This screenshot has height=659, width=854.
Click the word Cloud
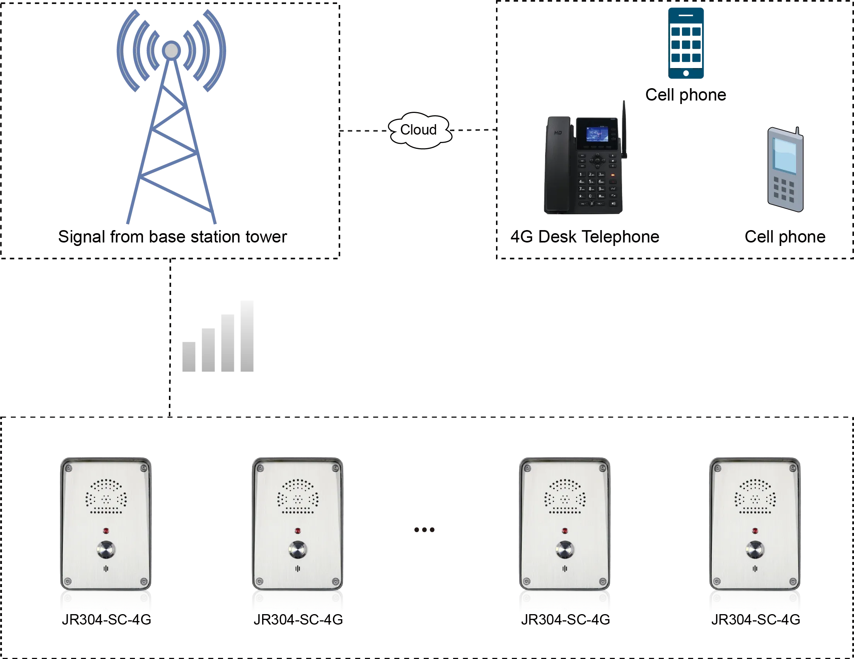(418, 130)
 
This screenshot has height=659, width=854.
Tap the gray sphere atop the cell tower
(171, 50)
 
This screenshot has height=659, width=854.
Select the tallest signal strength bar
(245, 337)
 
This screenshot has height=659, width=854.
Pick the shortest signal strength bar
(190, 357)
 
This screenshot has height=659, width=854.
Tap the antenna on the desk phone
(624, 129)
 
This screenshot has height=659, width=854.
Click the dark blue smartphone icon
(686, 43)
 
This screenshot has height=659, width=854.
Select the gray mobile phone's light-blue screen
(784, 155)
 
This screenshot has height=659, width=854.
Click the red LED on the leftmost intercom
(106, 531)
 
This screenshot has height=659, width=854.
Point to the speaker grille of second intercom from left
(298, 497)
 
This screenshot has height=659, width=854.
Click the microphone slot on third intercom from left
(565, 569)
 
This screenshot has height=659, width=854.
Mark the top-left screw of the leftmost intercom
(68, 468)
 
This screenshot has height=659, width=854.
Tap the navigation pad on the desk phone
(597, 160)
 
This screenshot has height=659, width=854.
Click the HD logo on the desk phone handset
(558, 133)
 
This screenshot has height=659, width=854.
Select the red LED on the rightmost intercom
(755, 531)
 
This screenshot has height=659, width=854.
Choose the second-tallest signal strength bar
(227, 343)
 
